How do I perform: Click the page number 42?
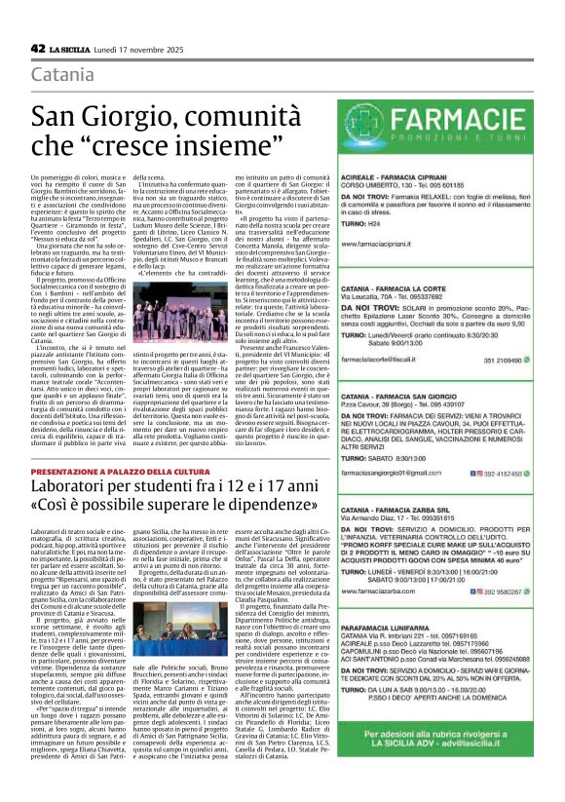click(38, 48)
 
